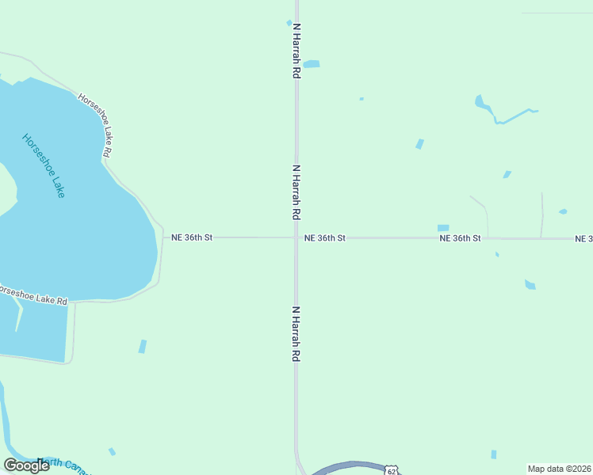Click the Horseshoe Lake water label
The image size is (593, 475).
click(43, 165)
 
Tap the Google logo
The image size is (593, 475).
click(26, 465)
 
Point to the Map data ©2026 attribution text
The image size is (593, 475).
click(560, 468)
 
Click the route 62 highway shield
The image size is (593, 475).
click(392, 470)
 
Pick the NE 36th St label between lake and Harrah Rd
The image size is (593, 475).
click(193, 237)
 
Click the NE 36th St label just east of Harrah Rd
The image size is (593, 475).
click(325, 237)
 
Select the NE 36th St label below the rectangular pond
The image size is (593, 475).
click(461, 237)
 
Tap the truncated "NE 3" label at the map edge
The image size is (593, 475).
click(583, 238)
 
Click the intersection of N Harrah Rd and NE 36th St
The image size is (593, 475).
click(296, 237)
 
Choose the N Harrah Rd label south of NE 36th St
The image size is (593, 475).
click(296, 334)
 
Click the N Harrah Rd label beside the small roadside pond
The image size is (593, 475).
click(296, 50)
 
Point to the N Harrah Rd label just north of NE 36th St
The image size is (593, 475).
click(296, 192)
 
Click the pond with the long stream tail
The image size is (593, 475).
click(483, 104)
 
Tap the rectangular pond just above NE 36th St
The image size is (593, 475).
click(443, 228)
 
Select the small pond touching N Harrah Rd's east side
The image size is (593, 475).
click(311, 64)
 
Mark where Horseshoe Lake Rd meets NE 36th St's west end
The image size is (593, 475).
click(162, 237)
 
